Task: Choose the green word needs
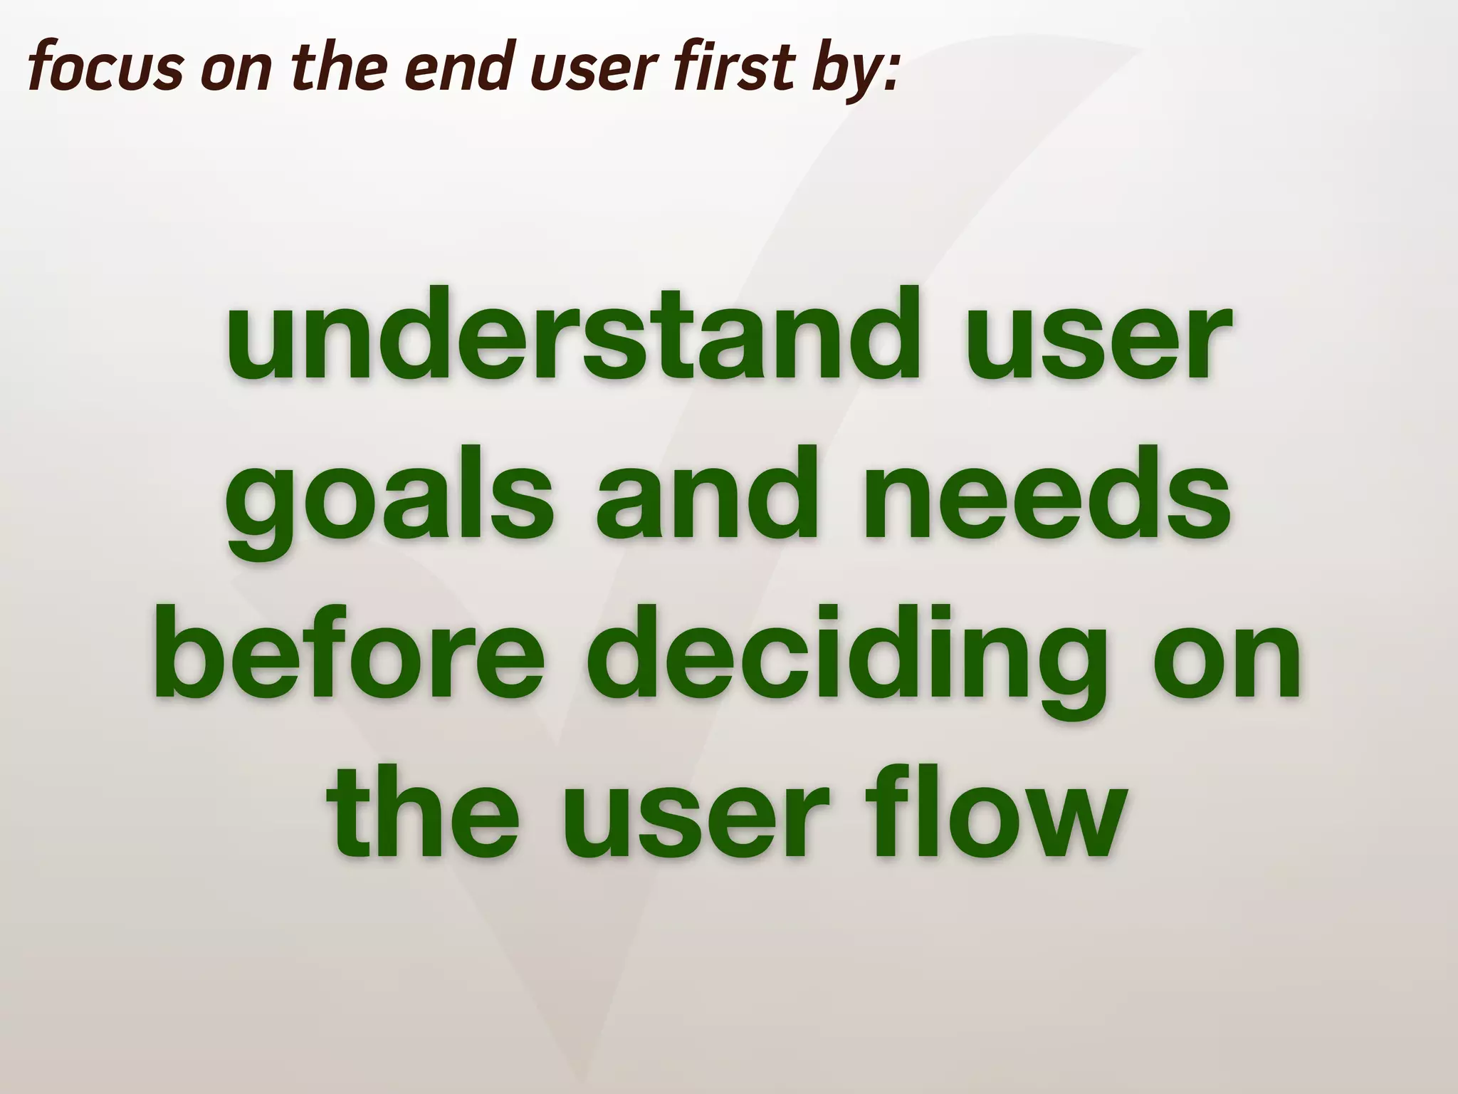click(1047, 493)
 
